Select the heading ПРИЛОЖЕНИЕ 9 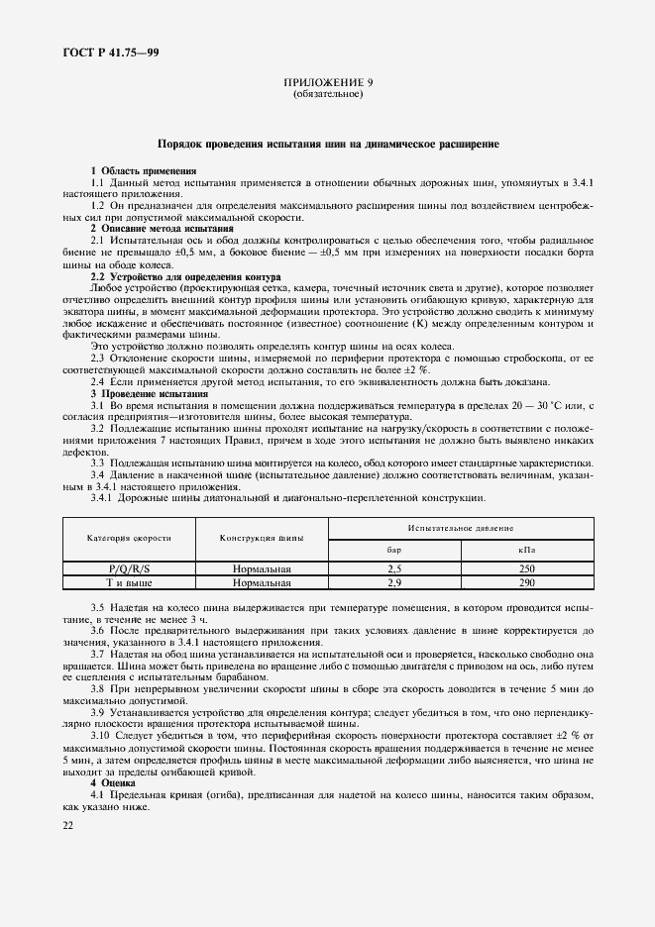(328, 84)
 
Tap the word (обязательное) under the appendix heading (328, 95)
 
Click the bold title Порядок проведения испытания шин (328, 145)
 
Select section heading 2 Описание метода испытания (162, 229)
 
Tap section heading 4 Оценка (115, 783)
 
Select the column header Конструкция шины (262, 537)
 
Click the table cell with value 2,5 (394, 568)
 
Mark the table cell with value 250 (527, 568)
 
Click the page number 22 (67, 823)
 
